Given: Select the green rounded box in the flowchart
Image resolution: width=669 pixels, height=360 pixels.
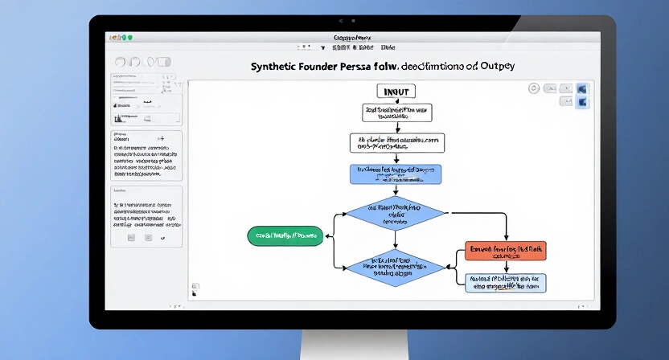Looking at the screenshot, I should pyautogui.click(x=284, y=235).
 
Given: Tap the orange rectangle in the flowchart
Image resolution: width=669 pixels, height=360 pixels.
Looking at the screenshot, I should pyautogui.click(x=505, y=251).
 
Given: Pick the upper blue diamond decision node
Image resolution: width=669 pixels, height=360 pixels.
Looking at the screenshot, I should pyautogui.click(x=395, y=213).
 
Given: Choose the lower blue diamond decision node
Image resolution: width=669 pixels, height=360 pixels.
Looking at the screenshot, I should pyautogui.click(x=395, y=267).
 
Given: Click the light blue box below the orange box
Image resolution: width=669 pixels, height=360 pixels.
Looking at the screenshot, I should pyautogui.click(x=506, y=282).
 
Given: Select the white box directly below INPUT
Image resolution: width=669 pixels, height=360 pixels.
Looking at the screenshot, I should pyautogui.click(x=396, y=112).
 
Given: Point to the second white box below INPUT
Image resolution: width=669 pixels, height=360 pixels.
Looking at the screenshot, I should pyautogui.click(x=396, y=143).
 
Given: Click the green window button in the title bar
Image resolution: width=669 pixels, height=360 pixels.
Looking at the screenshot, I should pyautogui.click(x=129, y=38).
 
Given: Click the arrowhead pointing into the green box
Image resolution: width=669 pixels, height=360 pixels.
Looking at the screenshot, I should pyautogui.click(x=325, y=235).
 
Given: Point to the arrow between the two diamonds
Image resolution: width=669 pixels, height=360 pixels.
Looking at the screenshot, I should pyautogui.click(x=395, y=239).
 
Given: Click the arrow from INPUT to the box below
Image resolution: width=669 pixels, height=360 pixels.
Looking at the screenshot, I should pyautogui.click(x=396, y=101).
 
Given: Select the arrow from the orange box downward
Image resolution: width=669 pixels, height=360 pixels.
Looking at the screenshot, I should pyautogui.click(x=505, y=267).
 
